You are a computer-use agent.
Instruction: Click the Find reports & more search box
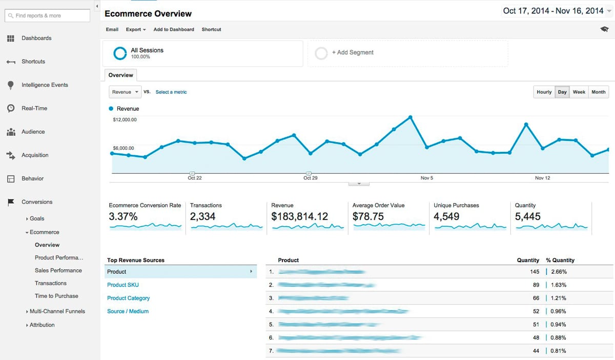[x=47, y=16]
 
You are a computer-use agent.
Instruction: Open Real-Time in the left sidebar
[x=34, y=108]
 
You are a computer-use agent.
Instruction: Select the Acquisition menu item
[x=35, y=155]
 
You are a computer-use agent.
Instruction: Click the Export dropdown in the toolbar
[x=136, y=30]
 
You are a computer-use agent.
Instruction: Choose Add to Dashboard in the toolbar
[x=174, y=30]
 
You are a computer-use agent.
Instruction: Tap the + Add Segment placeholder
[x=353, y=53]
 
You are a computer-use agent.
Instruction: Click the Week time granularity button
[x=579, y=92]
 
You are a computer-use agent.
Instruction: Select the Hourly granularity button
[x=544, y=92]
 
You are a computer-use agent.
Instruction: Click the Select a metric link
[x=171, y=92]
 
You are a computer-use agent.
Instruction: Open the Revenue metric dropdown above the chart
[x=125, y=92]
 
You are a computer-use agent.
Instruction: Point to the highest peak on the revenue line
[x=411, y=117]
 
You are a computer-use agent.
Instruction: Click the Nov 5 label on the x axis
[x=426, y=178]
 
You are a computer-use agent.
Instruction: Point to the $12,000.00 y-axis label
[x=125, y=119]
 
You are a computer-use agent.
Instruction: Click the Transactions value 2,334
[x=203, y=216]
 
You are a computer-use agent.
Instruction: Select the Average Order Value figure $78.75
[x=368, y=216]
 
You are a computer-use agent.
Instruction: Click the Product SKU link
[x=123, y=285]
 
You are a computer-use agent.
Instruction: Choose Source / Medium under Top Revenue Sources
[x=128, y=311]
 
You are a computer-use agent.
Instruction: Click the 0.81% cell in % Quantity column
[x=558, y=351]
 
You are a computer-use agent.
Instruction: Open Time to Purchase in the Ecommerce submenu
[x=56, y=296]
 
